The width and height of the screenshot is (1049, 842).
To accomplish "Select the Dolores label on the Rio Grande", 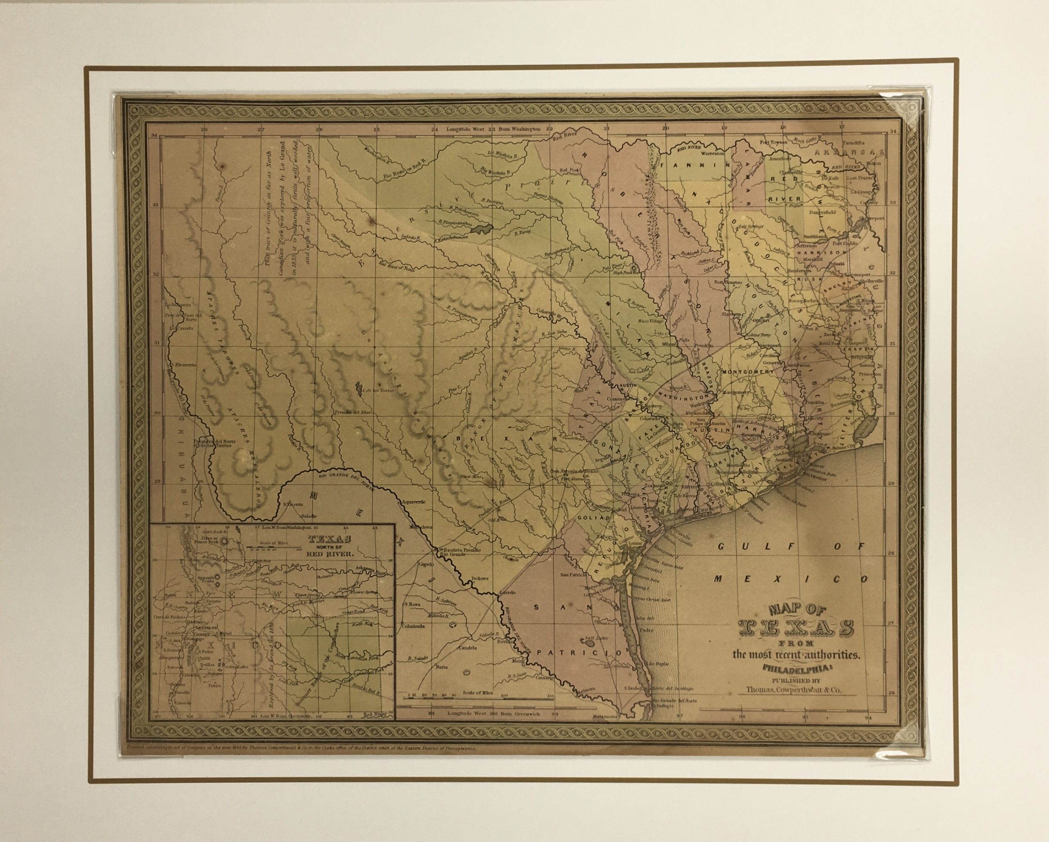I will coord(480,579).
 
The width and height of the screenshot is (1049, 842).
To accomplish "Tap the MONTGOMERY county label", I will coord(747,372).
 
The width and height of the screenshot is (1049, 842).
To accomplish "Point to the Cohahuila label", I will coord(412,626).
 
